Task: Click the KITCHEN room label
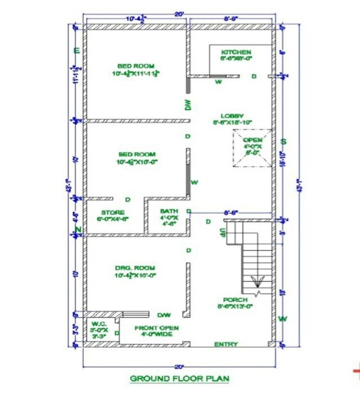236,52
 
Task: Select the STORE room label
113,213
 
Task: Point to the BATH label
169,211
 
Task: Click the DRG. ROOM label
135,268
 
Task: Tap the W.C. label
98,324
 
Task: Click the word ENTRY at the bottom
226,344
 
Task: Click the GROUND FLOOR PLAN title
179,378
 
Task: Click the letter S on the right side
284,141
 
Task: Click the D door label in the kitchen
254,76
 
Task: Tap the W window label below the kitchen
218,82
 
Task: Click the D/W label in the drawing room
164,315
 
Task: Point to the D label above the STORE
128,199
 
